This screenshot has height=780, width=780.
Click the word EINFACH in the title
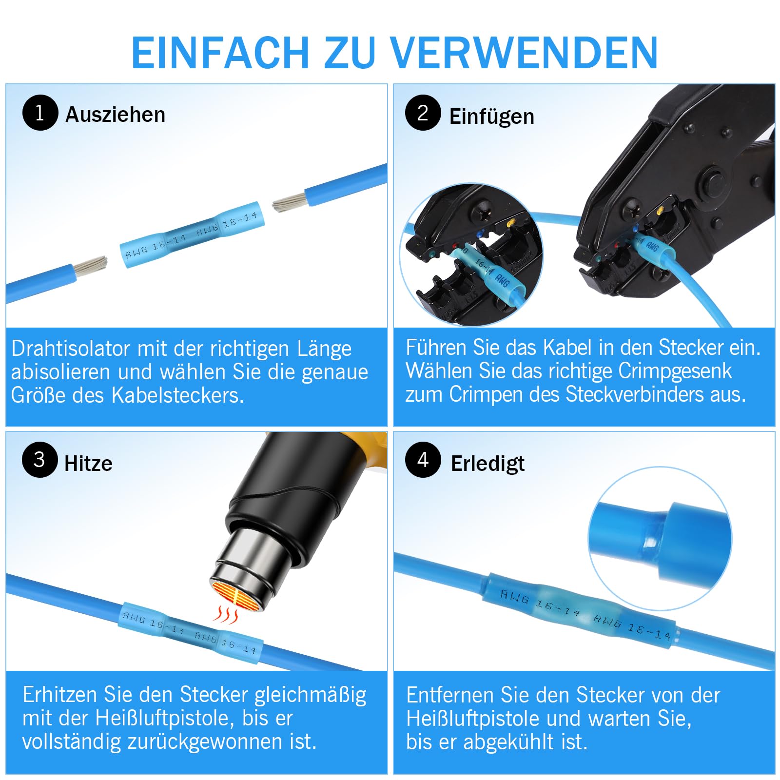coord(220,52)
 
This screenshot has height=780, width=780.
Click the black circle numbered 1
coord(40,113)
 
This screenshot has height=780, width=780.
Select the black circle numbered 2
coord(423,113)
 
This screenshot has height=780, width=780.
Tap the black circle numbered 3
coord(39,459)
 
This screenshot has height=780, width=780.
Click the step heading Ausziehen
coord(116,115)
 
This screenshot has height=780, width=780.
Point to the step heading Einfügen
coord(492,117)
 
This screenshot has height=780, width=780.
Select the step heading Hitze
coord(88,463)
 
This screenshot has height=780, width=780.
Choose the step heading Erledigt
coord(487,464)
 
